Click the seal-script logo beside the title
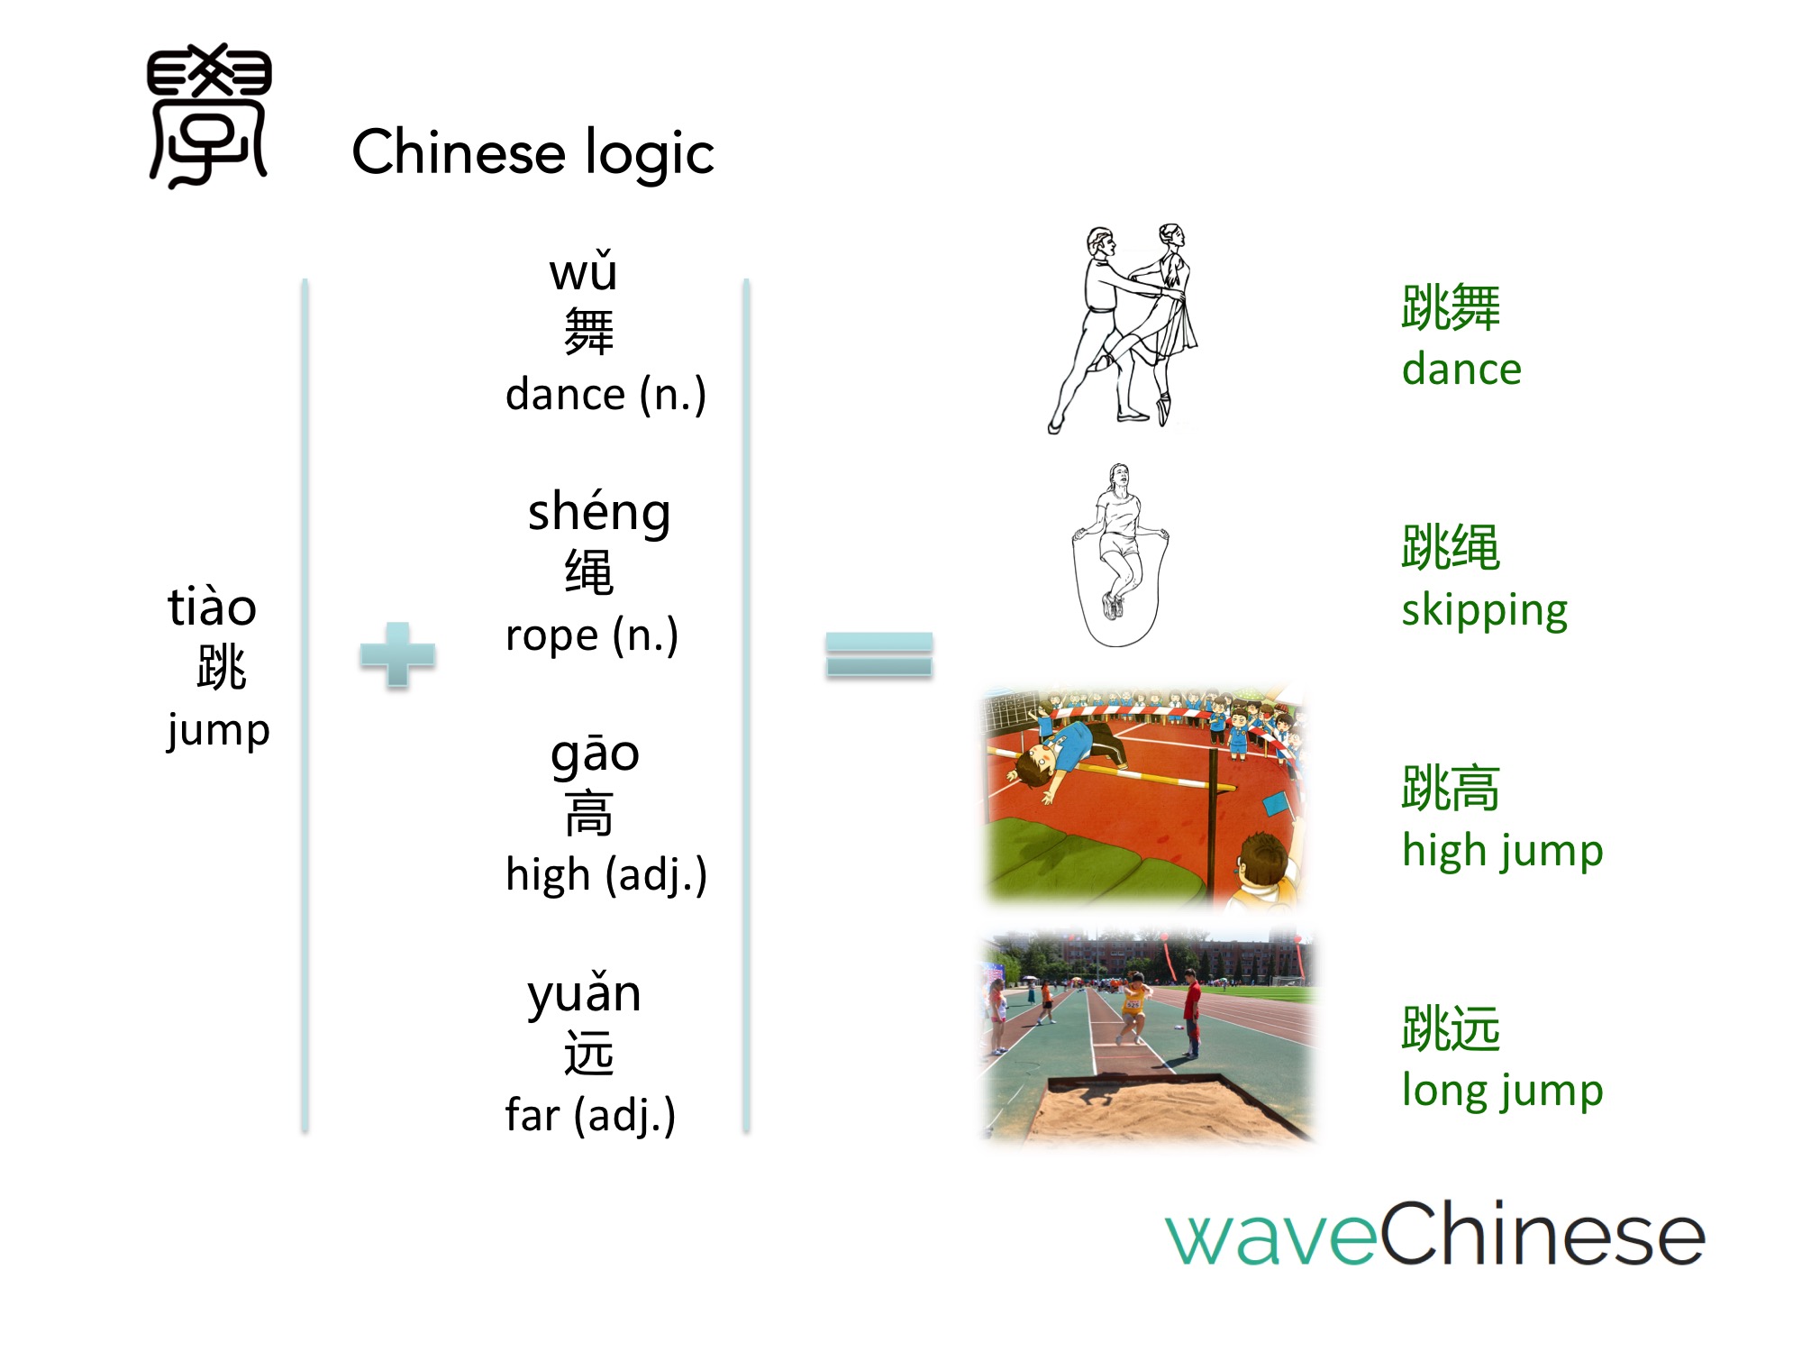pyautogui.click(x=209, y=115)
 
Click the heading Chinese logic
pyautogui.click(x=532, y=153)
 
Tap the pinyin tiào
pyautogui.click(x=213, y=606)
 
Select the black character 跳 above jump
pyautogui.click(x=221, y=667)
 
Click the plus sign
pyautogui.click(x=397, y=655)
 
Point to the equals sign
pyautogui.click(x=879, y=655)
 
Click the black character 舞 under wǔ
pyautogui.click(x=588, y=332)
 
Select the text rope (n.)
pyautogui.click(x=592, y=635)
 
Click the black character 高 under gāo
pyautogui.click(x=588, y=813)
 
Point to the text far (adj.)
pyautogui.click(x=590, y=1115)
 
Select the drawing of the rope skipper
pyautogui.click(x=1120, y=555)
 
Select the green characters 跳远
pyautogui.click(x=1451, y=1028)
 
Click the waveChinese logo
pyautogui.click(x=1435, y=1233)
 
